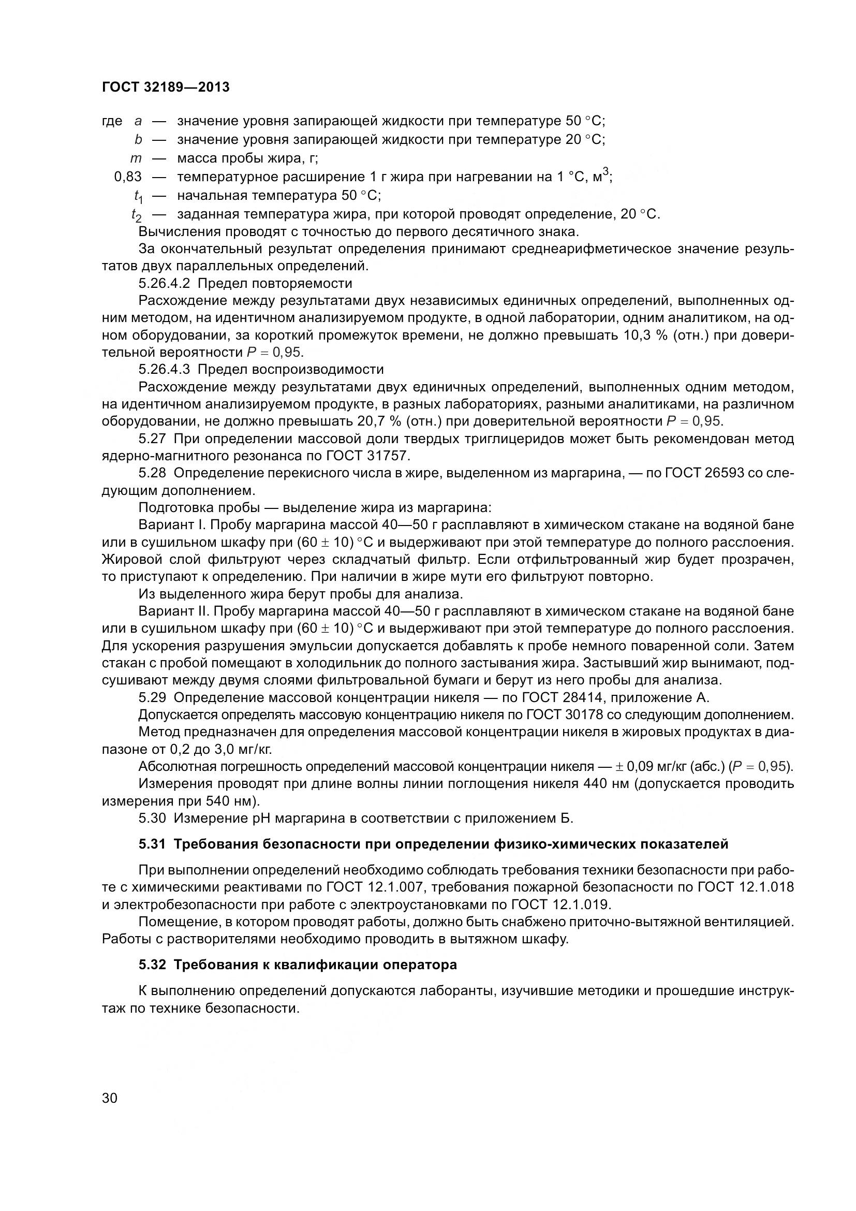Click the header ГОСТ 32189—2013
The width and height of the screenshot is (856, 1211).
(x=166, y=87)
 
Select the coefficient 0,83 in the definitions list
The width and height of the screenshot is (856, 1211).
(x=127, y=177)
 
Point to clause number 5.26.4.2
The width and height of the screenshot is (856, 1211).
(x=164, y=283)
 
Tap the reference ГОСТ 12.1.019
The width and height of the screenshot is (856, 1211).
(x=562, y=905)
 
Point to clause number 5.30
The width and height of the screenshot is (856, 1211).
(x=152, y=819)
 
